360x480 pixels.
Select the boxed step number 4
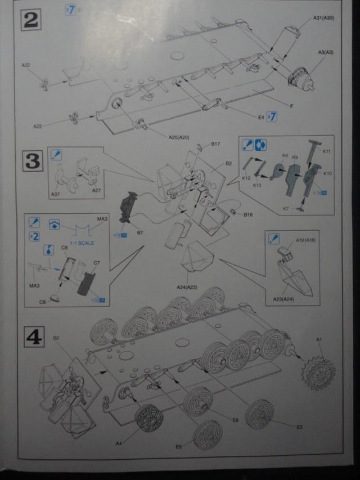(x=32, y=338)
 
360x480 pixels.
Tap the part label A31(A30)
(x=324, y=18)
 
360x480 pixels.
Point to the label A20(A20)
(x=179, y=138)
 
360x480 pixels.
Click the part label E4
(x=260, y=117)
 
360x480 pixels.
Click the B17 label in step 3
(x=215, y=144)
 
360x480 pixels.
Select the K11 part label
(x=327, y=150)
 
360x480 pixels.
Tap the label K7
(x=286, y=209)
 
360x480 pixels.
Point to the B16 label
(x=248, y=214)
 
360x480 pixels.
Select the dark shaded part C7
(x=89, y=281)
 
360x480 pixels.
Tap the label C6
(x=42, y=302)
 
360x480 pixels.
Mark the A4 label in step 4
(x=119, y=443)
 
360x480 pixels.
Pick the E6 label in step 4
(x=235, y=419)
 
